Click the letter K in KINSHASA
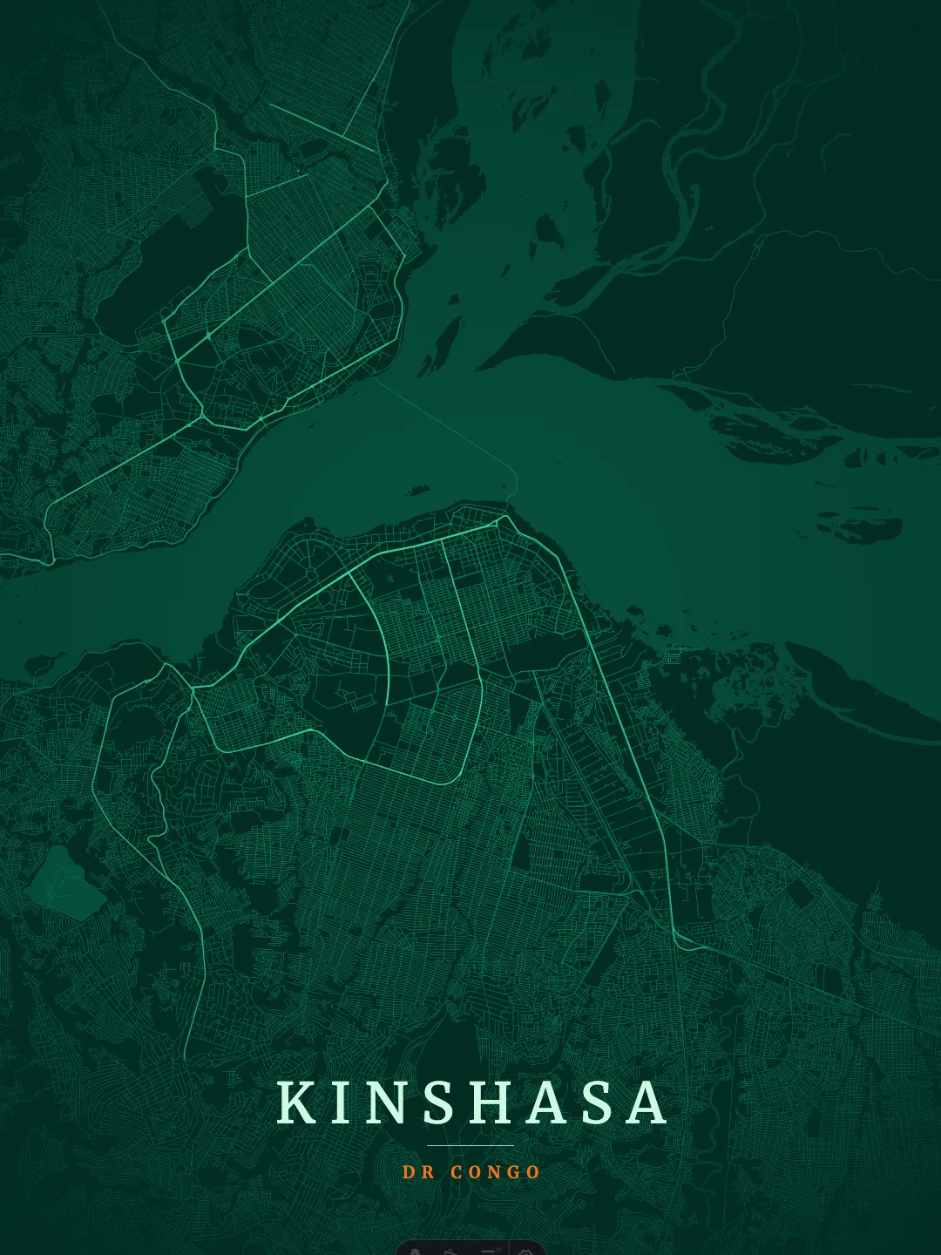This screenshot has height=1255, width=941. (296, 1102)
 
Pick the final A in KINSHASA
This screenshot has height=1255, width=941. (646, 1102)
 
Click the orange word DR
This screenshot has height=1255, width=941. (418, 1172)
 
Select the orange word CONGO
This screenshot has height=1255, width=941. (496, 1172)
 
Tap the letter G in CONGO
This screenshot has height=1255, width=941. (512, 1172)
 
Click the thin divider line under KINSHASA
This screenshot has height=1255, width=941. (470, 1145)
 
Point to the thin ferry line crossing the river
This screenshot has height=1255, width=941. (453, 427)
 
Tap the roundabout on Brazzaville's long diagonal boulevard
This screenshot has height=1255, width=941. (208, 336)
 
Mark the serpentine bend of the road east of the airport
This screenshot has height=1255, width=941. (157, 819)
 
